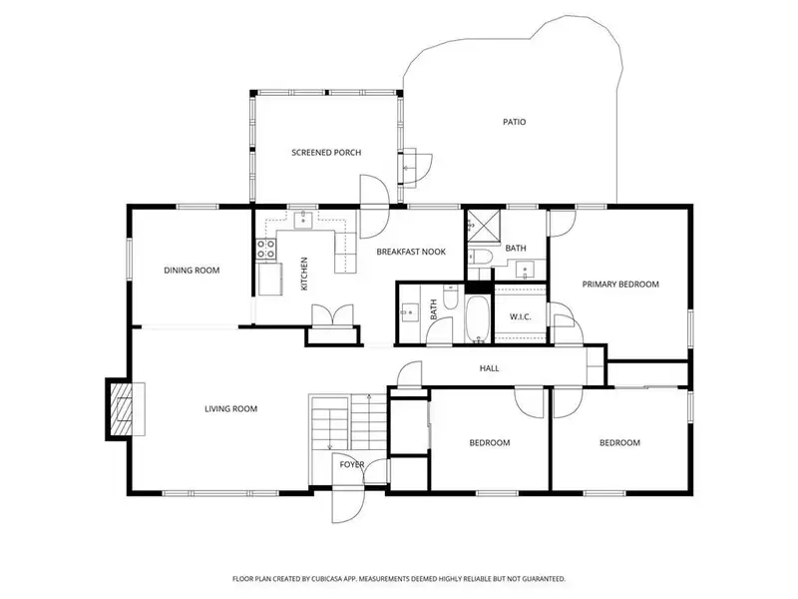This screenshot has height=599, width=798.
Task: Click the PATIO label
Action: [514, 122]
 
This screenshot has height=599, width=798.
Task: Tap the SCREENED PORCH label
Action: [326, 153]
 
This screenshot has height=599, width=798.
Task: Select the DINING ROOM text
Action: [192, 271]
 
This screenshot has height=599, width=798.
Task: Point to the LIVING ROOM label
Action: [230, 408]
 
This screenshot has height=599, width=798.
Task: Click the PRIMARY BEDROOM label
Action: [620, 285]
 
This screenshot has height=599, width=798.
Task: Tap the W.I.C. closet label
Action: [520, 316]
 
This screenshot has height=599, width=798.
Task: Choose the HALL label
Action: [489, 368]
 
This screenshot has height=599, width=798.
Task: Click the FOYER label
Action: [352, 464]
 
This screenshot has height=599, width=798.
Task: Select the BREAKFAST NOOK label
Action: [411, 252]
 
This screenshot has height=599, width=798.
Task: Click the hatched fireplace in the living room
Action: [122, 408]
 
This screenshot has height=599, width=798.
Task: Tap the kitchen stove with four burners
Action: [266, 250]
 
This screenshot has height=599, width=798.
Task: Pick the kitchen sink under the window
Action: [305, 219]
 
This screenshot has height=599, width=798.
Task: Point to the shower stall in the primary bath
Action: [484, 226]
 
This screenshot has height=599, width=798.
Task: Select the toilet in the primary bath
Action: [480, 257]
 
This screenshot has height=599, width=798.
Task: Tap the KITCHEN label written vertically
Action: [304, 274]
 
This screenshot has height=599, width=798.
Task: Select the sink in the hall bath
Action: [409, 312]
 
